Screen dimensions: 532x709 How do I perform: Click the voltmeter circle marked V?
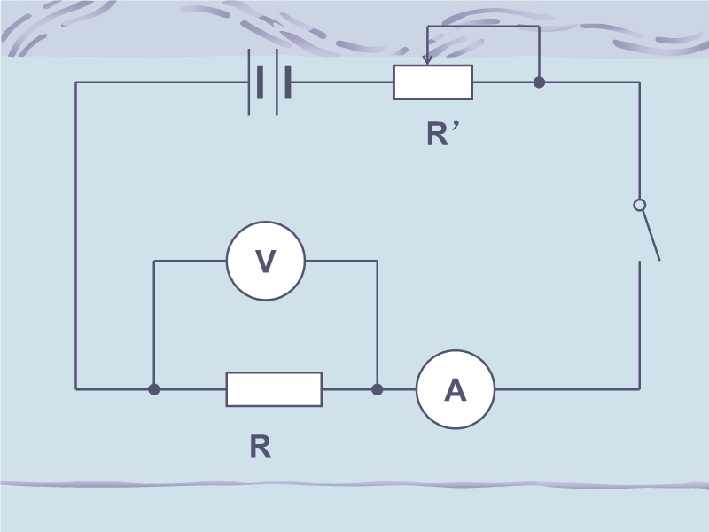click(x=266, y=261)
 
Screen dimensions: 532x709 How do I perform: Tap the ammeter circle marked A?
click(x=456, y=389)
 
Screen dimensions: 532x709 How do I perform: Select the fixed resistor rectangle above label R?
click(x=274, y=389)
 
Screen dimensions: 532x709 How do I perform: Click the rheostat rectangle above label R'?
click(x=433, y=82)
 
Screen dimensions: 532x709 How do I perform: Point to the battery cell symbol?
click(x=269, y=82)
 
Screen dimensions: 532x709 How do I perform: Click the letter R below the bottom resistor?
click(x=260, y=447)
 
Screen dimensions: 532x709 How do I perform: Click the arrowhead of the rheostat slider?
click(x=427, y=59)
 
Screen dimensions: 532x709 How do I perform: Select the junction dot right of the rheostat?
click(x=539, y=82)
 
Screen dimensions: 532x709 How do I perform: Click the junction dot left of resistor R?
click(x=154, y=389)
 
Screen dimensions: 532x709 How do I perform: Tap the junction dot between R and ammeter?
click(x=377, y=389)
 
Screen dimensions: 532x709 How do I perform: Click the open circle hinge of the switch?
click(x=639, y=205)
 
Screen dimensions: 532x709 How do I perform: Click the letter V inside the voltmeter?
click(x=266, y=261)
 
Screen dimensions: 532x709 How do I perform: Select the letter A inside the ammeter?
click(x=456, y=390)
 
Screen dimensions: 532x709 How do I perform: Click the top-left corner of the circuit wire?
click(x=76, y=82)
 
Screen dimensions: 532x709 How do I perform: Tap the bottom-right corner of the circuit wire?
click(x=639, y=389)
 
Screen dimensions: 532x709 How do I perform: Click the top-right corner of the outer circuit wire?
click(x=639, y=82)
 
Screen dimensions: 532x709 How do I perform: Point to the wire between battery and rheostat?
click(x=342, y=82)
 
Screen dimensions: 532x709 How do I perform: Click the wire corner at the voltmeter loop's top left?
click(x=154, y=261)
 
